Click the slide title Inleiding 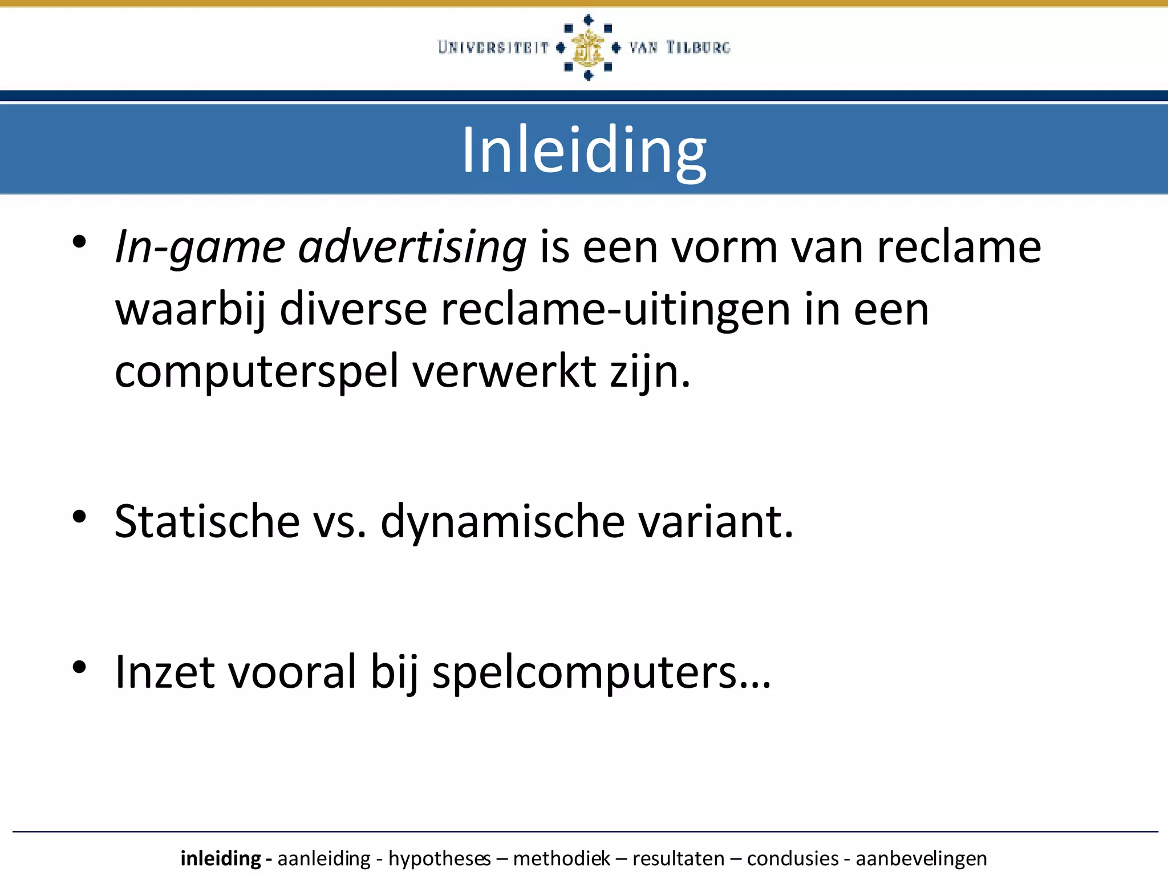pos(583,150)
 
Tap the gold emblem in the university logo pos(588,48)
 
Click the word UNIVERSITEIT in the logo pos(493,47)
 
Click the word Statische pos(207,521)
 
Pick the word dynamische pos(502,521)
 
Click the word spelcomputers pos(602,672)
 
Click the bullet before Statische pos(79,517)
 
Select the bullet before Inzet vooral pos(79,667)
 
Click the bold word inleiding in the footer pos(221,858)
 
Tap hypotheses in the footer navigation pos(439,858)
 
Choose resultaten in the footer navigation pos(678,858)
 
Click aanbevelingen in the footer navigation pos(921,858)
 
